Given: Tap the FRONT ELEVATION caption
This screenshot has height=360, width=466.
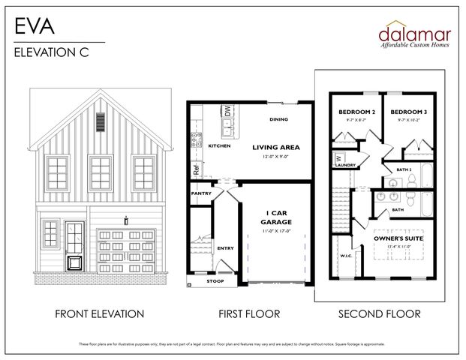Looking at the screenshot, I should tap(99, 313).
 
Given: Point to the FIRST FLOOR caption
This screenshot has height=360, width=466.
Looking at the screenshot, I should tap(250, 313).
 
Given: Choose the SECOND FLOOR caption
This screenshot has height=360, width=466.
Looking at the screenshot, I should tap(379, 313).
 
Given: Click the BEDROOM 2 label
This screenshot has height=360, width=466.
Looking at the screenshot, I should tap(354, 112).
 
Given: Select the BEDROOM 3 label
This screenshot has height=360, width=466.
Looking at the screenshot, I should tap(407, 112).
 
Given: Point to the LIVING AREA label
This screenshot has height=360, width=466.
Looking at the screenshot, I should tap(276, 147).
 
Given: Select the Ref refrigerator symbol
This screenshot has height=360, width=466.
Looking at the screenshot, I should tap(196, 169).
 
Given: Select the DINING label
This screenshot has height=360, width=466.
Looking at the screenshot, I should tap(279, 119).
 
